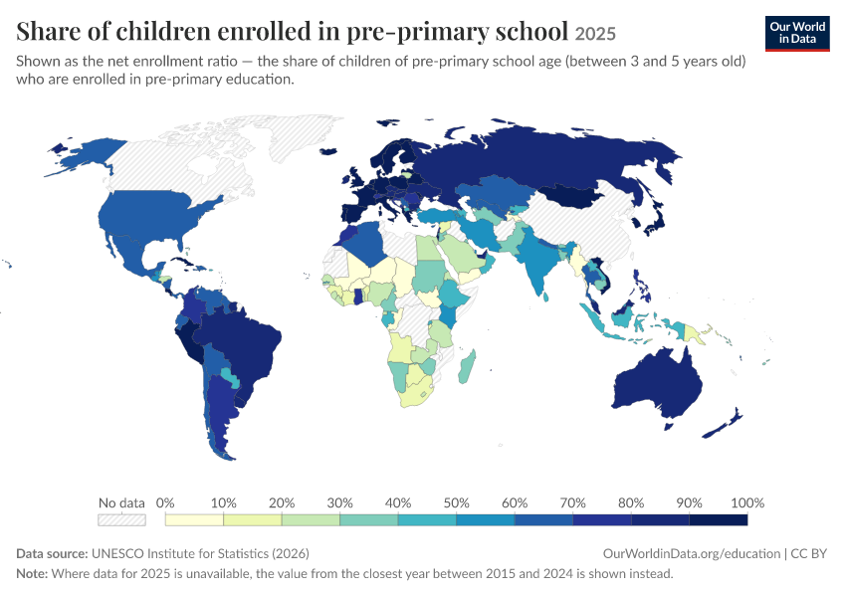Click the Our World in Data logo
[797, 34]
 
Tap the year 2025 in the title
[595, 34]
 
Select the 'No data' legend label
[121, 502]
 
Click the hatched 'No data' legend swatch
[121, 519]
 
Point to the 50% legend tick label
[456, 502]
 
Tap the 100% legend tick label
[747, 502]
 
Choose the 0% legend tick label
[165, 502]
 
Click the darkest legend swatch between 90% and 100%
[719, 519]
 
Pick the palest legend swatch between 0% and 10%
[194, 519]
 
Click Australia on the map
[658, 383]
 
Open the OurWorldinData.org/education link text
[691, 554]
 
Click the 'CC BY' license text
[808, 554]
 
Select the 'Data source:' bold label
[52, 554]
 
